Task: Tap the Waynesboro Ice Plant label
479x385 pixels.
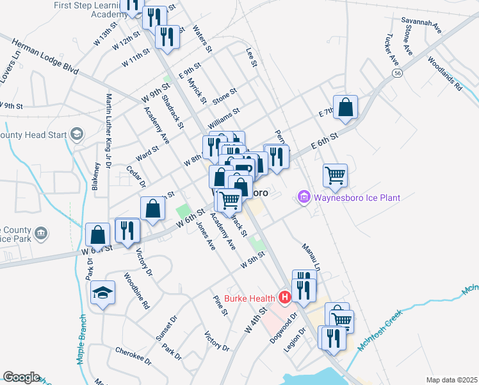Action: tap(356, 198)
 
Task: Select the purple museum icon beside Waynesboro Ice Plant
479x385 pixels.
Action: tap(304, 197)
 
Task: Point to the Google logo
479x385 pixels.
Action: tap(21, 377)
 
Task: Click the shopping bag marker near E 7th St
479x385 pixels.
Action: tap(345, 108)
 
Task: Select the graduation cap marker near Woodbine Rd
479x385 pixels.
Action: tap(102, 295)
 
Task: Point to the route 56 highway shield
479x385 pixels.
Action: tap(398, 74)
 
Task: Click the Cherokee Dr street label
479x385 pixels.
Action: tap(133, 356)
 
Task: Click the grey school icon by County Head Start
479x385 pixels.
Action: tap(77, 133)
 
